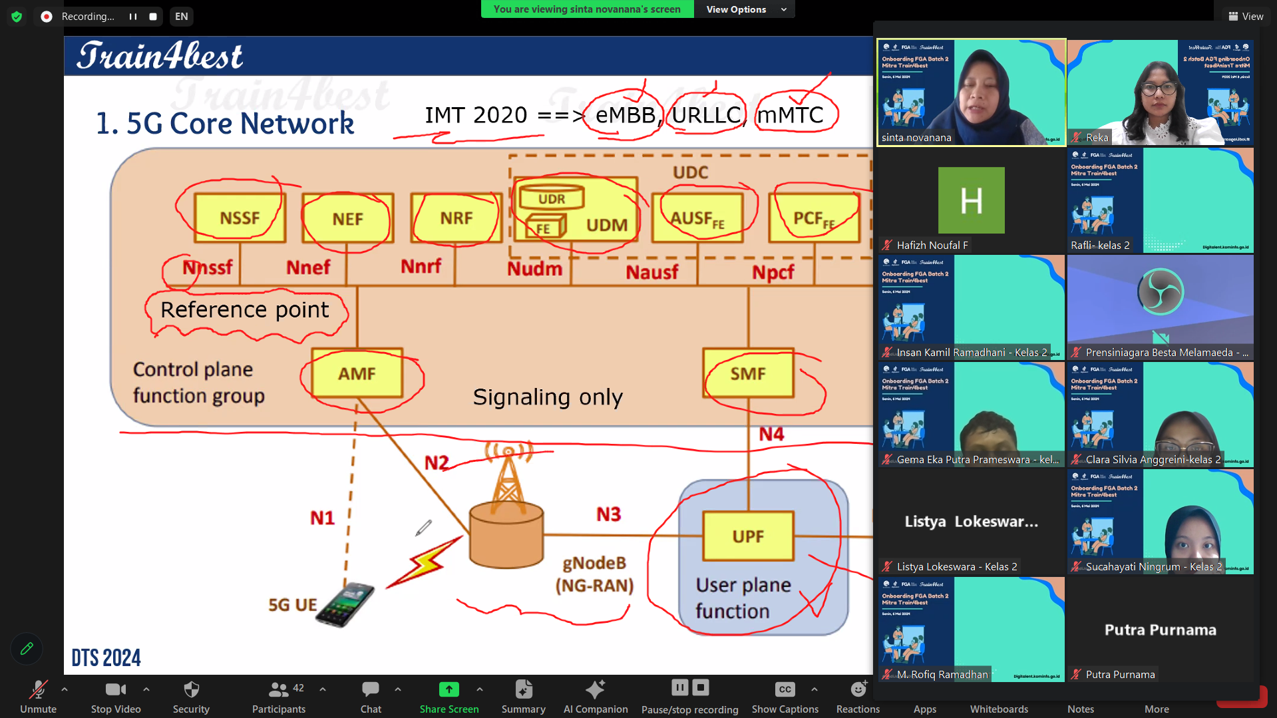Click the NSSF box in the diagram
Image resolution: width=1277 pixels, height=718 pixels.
[240, 218]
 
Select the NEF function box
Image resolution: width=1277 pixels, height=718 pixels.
[347, 219]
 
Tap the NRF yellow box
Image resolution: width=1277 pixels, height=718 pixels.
[456, 218]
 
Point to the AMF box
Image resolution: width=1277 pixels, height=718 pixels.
[357, 373]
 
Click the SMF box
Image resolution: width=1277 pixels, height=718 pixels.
[748, 373]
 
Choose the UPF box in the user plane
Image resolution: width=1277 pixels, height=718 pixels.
[748, 536]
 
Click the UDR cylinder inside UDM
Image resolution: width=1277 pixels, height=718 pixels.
[552, 198]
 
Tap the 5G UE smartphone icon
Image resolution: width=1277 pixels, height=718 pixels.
[345, 604]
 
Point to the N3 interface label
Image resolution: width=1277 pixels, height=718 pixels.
[608, 514]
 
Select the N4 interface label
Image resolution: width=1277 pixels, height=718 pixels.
[771, 435]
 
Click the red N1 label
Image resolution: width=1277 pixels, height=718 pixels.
[323, 518]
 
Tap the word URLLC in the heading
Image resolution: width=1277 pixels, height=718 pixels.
[706, 115]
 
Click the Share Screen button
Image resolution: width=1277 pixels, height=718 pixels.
[449, 696]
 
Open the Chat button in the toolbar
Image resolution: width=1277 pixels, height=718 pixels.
[371, 696]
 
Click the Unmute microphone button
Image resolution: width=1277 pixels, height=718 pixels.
[38, 696]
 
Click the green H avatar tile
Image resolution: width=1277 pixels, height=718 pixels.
[971, 200]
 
